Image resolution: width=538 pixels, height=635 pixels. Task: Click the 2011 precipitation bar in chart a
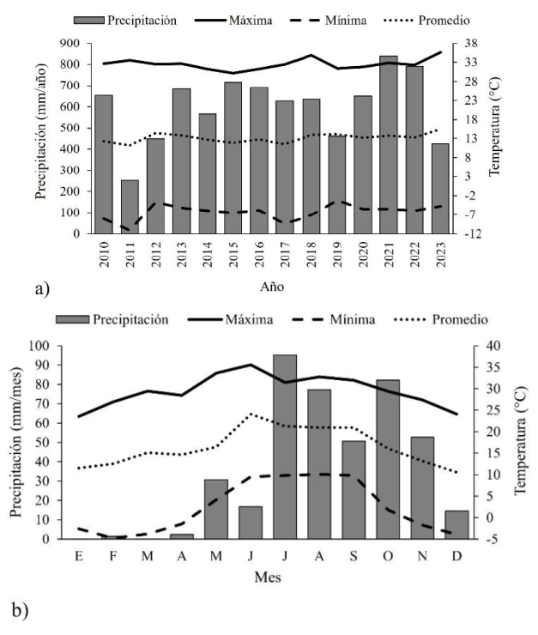pos(130,207)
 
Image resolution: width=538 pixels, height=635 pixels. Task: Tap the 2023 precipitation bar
pos(440,188)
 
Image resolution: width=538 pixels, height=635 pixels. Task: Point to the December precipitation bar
pos(456,524)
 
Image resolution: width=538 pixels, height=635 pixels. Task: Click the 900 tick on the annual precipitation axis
pos(73,43)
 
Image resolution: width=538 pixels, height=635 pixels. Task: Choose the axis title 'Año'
pos(272,285)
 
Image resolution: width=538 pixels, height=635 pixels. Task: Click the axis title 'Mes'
pos(268,578)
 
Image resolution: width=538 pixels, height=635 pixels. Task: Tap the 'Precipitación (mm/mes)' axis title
pos(17,442)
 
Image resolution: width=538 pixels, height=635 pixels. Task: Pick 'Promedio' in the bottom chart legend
pos(461,319)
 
